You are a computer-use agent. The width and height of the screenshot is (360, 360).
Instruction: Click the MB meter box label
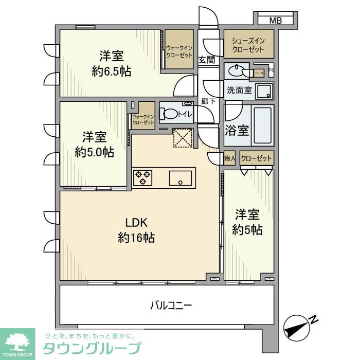pos(276,21)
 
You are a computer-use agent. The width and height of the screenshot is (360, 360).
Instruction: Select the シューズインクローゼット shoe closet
pos(248,45)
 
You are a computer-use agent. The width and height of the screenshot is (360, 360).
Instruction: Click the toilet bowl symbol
pos(169,114)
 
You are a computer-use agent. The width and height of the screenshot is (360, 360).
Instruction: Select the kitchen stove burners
pos(143,178)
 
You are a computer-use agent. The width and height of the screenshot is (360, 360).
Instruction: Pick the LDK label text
pos(137,222)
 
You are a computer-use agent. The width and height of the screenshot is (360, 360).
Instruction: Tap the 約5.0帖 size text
pos(94,152)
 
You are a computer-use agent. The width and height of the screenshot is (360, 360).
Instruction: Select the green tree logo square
pos(17,343)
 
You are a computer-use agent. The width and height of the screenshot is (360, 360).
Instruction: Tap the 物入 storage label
pos(230,159)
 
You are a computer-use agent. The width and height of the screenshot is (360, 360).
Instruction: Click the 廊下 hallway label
pos(208,101)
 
